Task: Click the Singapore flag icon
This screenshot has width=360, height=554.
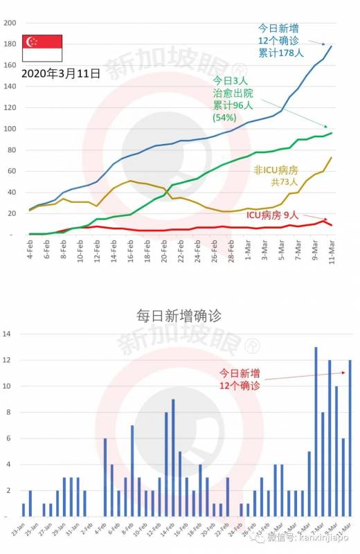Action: click(42, 48)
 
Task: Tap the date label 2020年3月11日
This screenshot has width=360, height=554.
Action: click(60, 72)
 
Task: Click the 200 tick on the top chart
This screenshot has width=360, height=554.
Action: click(10, 23)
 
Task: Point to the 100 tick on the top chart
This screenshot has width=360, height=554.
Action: click(10, 129)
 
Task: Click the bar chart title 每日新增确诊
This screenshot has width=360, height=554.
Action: click(179, 316)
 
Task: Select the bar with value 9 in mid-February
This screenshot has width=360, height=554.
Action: click(172, 458)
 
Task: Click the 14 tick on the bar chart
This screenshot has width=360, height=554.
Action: click(7, 334)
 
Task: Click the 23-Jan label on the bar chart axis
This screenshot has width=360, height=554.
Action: click(22, 533)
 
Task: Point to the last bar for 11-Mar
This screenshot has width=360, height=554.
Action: click(350, 438)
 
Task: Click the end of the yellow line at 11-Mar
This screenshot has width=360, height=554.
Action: click(331, 158)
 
